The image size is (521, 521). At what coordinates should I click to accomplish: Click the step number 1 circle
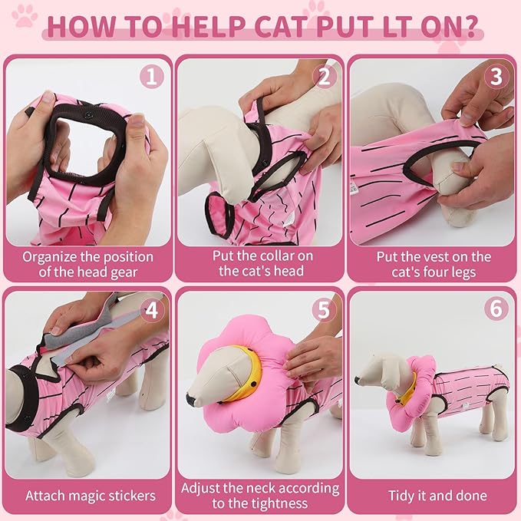152,77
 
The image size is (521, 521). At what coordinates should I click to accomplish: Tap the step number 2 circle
325,77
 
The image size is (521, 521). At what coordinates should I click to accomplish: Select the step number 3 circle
496,77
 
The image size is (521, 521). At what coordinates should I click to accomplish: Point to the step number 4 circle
152,309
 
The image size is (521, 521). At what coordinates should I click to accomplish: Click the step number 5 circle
325,309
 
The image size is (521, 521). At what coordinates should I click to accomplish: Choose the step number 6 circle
496,309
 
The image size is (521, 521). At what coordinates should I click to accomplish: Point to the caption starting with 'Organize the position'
87,263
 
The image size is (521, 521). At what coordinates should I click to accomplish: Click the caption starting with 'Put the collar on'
261,263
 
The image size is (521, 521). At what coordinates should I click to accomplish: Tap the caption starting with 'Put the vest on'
433,263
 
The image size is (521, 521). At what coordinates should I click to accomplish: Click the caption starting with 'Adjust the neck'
261,496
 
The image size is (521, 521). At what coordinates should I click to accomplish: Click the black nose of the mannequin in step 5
191,400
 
